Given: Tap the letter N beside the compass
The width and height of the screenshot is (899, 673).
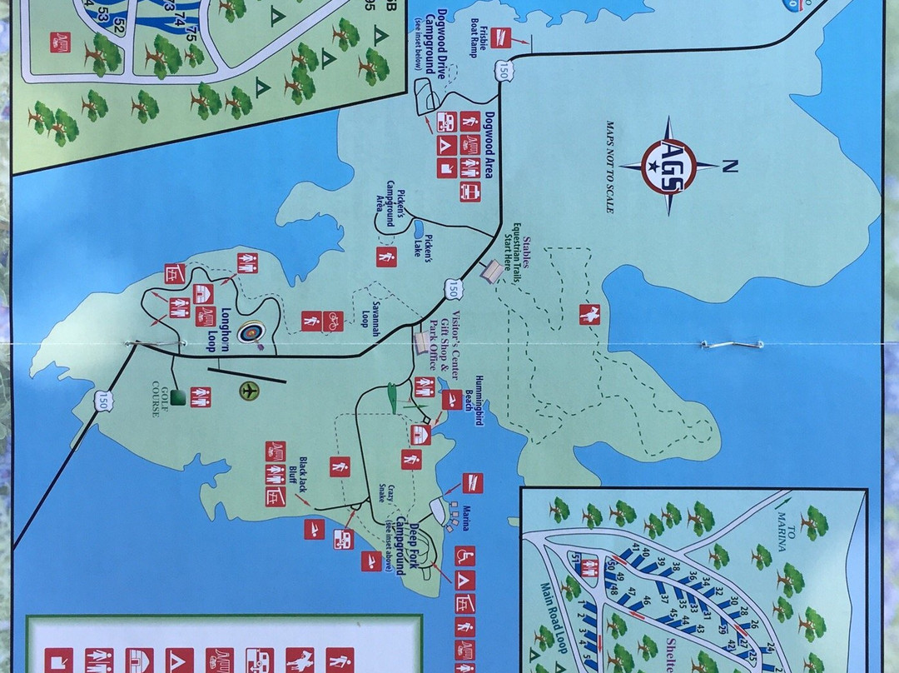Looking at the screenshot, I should click(x=729, y=167).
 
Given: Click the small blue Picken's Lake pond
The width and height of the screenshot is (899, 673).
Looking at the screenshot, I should click(x=420, y=229).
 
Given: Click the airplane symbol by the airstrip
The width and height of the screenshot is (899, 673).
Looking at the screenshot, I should click(x=248, y=391).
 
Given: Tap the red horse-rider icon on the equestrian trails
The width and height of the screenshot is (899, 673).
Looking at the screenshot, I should click(x=590, y=314).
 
